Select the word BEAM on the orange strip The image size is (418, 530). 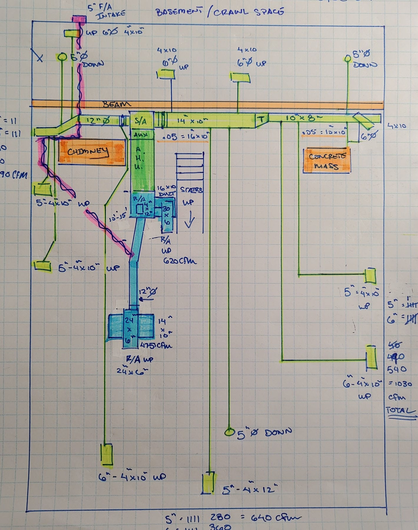(x=117, y=105)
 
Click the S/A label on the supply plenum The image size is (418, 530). (x=141, y=121)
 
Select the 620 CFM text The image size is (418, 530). (x=180, y=261)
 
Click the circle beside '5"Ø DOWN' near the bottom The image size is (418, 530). (x=228, y=432)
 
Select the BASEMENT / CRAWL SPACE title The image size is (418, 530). (x=219, y=12)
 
